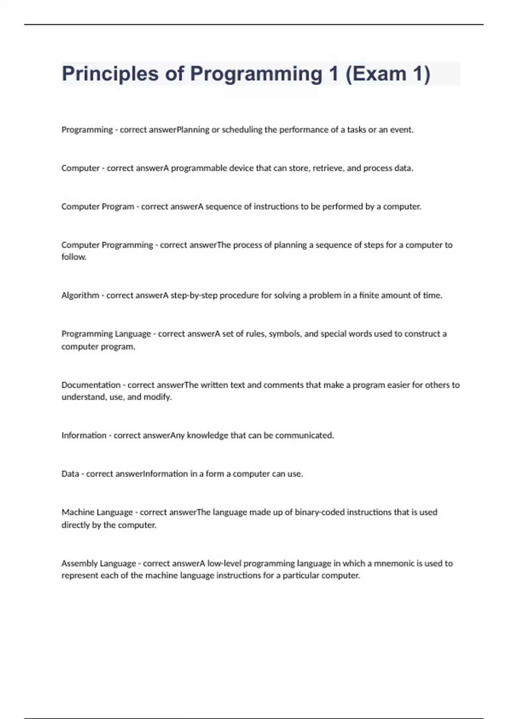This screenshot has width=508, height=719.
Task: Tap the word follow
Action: coord(73,257)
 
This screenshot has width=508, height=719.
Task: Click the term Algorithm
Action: coord(80,296)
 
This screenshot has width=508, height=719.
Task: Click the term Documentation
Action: coord(91,385)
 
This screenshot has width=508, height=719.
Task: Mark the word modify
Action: coord(157,397)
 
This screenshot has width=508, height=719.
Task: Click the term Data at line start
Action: coord(70,474)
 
